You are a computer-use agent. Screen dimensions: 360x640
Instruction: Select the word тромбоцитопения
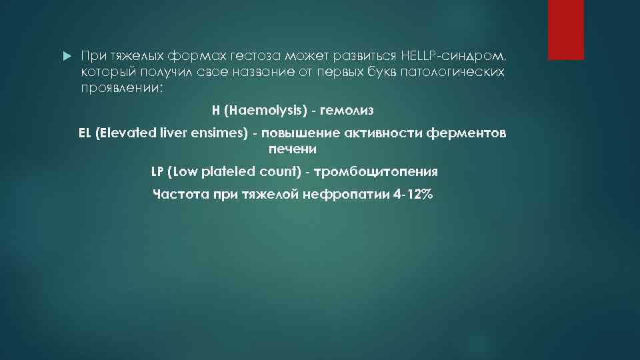[x=376, y=171]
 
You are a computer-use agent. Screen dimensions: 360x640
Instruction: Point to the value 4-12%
[x=413, y=195]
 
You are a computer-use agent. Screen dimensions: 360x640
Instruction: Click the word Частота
[x=181, y=195]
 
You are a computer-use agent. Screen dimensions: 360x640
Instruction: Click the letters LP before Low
[x=157, y=171]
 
